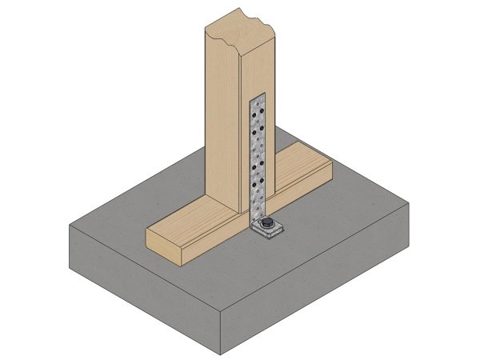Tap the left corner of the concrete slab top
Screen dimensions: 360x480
coord(70,226)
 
